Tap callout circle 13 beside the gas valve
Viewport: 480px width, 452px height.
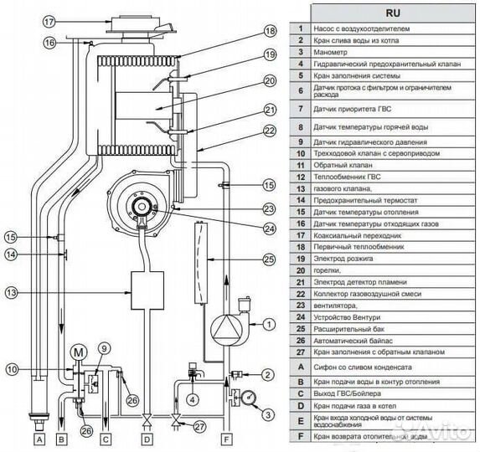(11, 292)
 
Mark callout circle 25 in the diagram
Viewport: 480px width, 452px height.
(269, 259)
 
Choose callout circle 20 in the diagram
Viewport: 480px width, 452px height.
(269, 81)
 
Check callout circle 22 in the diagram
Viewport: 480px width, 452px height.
(269, 130)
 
